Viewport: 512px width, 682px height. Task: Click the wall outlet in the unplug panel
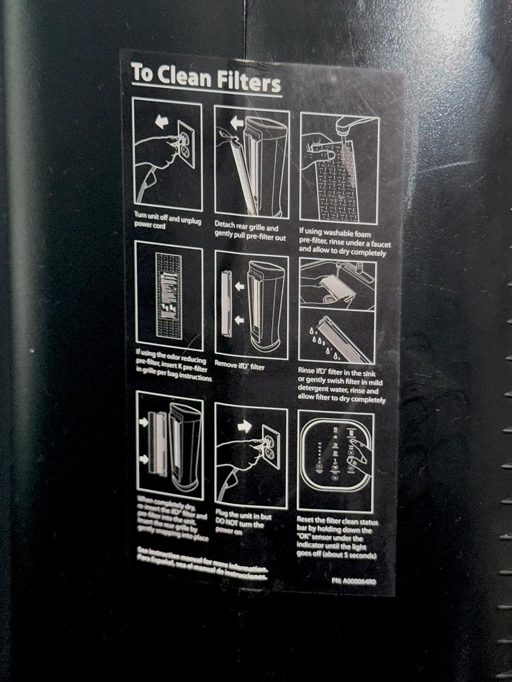(x=186, y=144)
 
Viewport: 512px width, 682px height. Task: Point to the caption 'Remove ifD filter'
(x=239, y=365)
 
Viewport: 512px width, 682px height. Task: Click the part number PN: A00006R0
(x=354, y=581)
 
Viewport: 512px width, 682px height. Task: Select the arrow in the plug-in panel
(x=245, y=426)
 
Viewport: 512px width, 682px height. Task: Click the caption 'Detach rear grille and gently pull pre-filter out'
(x=249, y=232)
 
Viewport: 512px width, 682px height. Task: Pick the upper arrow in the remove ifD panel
(x=239, y=286)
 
